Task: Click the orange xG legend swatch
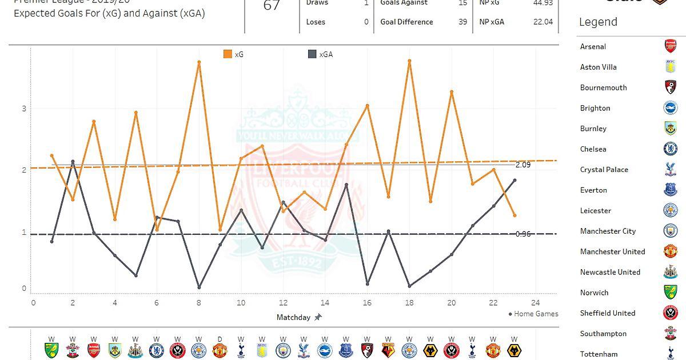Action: (x=228, y=54)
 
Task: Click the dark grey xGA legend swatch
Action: (x=312, y=54)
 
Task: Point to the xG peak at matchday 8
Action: (x=199, y=62)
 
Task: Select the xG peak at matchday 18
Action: (x=409, y=61)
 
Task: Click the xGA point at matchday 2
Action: (x=73, y=161)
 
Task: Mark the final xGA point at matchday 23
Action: (x=514, y=180)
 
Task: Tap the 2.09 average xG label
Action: (x=523, y=165)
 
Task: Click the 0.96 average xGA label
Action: (x=523, y=234)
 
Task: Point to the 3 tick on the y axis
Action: (x=24, y=109)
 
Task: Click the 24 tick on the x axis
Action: (x=535, y=302)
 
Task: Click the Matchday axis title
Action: (x=293, y=317)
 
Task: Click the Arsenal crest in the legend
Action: (x=670, y=46)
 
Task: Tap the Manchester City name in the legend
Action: (x=608, y=231)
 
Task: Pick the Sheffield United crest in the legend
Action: (x=670, y=313)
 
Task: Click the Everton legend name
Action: (x=593, y=190)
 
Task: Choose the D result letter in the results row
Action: (x=220, y=338)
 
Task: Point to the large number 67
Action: (x=272, y=6)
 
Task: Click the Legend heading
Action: (x=598, y=22)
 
